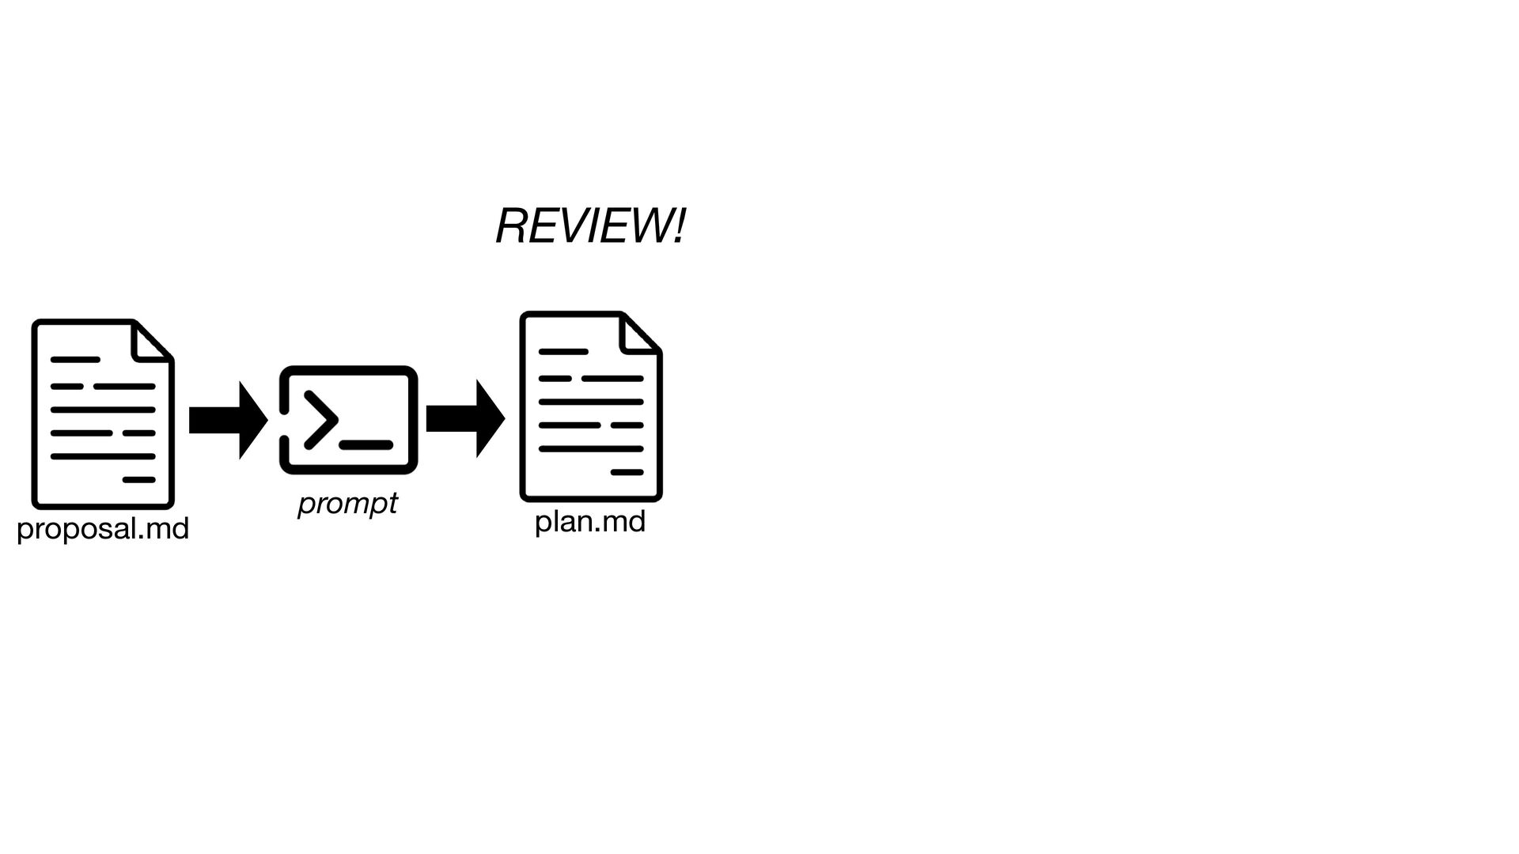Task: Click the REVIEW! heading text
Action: pos(590,226)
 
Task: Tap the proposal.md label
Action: pos(103,528)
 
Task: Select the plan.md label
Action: pos(590,521)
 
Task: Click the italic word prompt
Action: pos(347,503)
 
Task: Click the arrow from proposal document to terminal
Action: pos(228,420)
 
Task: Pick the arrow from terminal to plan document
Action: pos(465,419)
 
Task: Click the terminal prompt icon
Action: pos(348,420)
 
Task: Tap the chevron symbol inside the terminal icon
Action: pos(320,420)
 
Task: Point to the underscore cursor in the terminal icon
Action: pos(366,445)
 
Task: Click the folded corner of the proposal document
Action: pos(150,342)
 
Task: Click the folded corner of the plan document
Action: pos(638,334)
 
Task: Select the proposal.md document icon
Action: pos(103,414)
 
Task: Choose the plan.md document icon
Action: pos(590,406)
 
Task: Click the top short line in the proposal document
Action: pos(75,360)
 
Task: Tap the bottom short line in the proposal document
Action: pos(138,480)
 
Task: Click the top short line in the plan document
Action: pos(563,352)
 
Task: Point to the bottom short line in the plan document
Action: pos(627,472)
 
